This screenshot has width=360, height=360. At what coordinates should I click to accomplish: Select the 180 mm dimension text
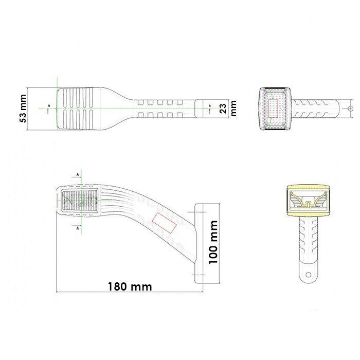click(130, 286)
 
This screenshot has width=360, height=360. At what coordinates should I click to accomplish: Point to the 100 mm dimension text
click(214, 242)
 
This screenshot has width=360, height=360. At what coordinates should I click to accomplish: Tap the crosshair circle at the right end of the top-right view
click(350, 109)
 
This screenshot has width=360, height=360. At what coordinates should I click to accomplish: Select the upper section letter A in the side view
click(78, 175)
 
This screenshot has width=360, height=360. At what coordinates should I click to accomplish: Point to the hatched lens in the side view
click(80, 200)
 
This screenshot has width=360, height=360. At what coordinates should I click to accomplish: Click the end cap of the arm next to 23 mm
click(208, 108)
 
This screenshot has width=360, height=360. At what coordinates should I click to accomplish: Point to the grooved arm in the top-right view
click(316, 108)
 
